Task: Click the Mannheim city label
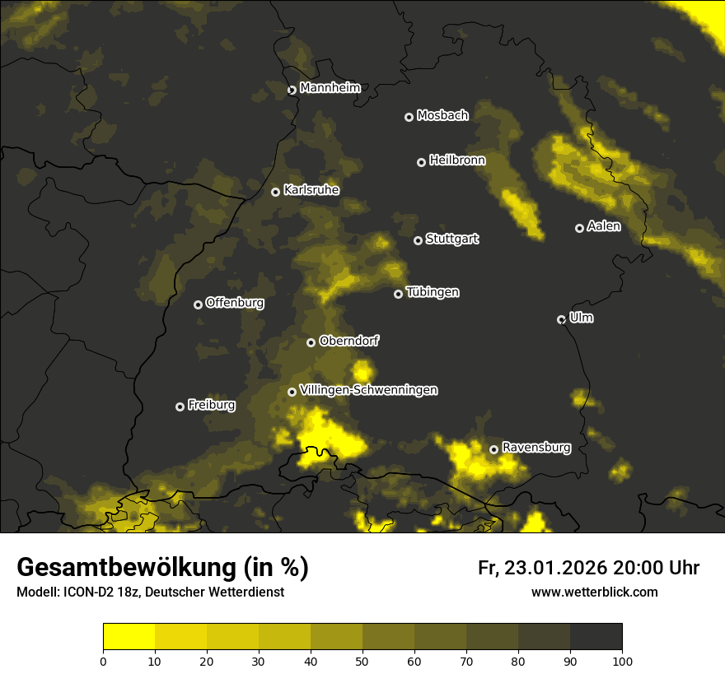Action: [x=330, y=88]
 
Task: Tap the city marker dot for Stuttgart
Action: [x=419, y=240]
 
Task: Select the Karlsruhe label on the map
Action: [x=311, y=190]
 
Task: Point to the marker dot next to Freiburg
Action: [x=180, y=407]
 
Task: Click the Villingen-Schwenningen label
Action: [x=368, y=390]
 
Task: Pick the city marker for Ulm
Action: [x=561, y=319]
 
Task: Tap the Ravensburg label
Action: [x=536, y=448]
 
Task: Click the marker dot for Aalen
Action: [x=579, y=228]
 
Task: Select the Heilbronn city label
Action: [x=457, y=160]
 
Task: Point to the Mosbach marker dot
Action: [x=409, y=117]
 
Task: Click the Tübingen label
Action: [x=433, y=292]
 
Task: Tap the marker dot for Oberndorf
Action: [x=311, y=342]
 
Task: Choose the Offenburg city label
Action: [x=235, y=303]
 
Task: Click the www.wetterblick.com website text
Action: [x=594, y=592]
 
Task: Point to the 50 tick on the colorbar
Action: [x=362, y=660]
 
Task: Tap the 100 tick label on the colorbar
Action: [x=622, y=660]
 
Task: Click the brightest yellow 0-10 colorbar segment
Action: [x=129, y=637]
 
